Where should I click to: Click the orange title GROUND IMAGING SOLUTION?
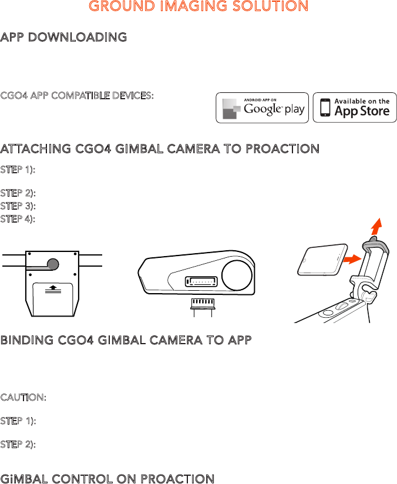coord(198,7)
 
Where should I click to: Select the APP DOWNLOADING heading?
coord(63,37)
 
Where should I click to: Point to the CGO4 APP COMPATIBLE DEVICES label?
coord(77,95)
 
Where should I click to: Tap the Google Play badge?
coord(262,107)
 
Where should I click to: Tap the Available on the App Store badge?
coord(354,107)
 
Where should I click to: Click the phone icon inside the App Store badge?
coord(324,107)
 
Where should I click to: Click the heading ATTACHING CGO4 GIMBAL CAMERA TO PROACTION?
coord(160,149)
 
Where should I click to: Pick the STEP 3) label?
coord(18,206)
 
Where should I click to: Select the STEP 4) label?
coord(18,219)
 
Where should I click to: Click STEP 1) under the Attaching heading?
coord(18,169)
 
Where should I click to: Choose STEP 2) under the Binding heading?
coord(18,445)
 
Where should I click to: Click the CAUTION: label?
coord(23,397)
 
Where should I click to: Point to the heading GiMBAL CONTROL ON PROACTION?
coord(107,479)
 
